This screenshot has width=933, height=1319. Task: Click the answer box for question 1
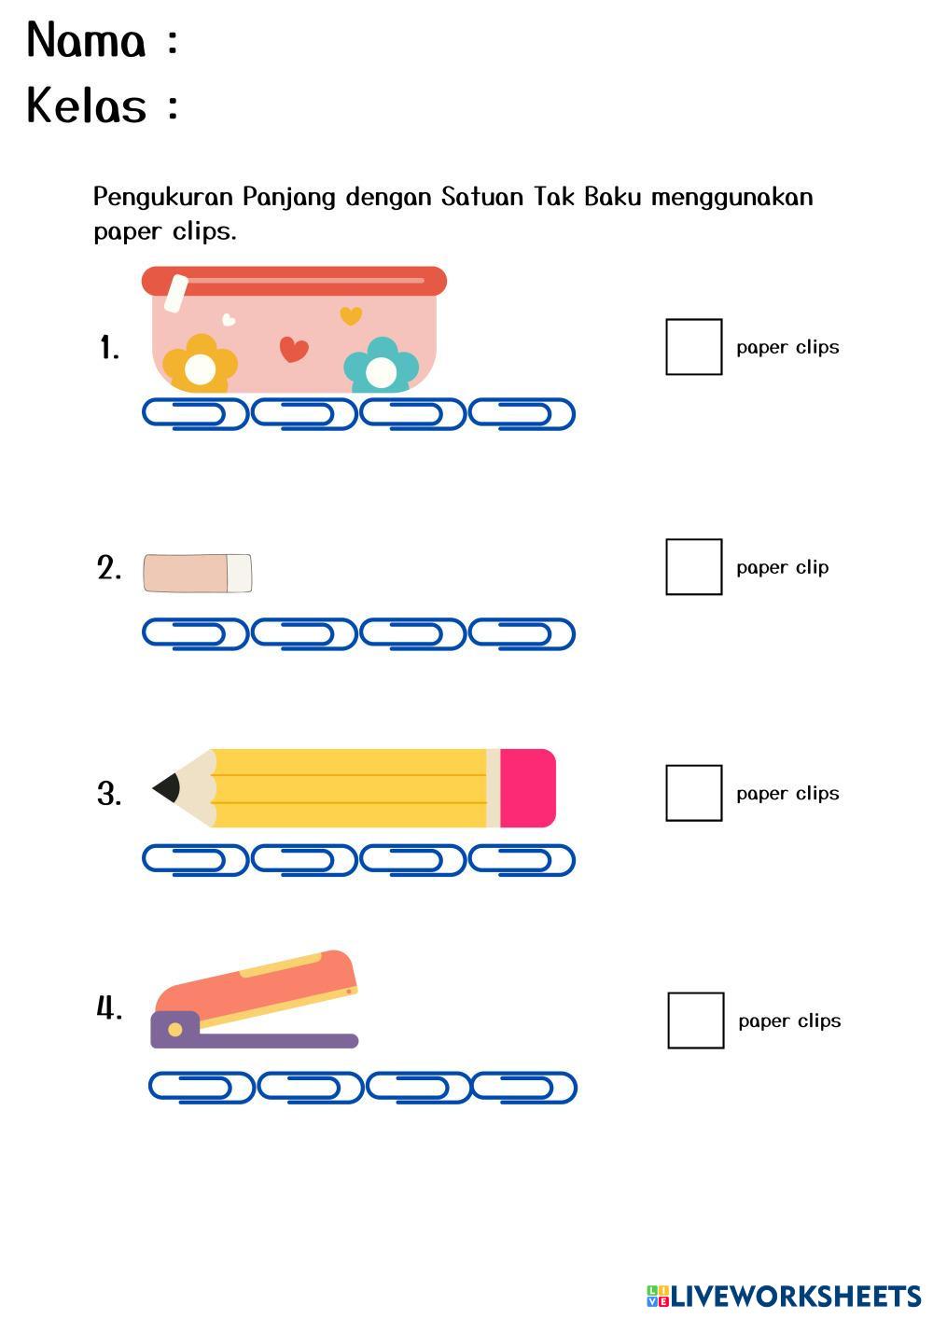[693, 347]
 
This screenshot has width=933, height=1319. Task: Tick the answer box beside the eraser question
[693, 566]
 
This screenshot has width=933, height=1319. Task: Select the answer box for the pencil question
[693, 793]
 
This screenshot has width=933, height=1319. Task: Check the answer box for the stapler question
[695, 1020]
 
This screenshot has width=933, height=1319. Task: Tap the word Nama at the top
[86, 41]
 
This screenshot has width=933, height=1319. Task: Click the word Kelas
[87, 105]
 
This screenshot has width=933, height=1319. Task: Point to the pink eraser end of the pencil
[527, 788]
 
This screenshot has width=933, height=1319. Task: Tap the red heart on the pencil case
[294, 349]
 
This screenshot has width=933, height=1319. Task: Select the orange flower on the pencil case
[200, 367]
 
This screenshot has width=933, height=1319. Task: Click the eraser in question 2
[197, 573]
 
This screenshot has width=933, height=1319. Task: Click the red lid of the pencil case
[294, 280]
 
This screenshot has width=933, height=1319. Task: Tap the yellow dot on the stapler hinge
[174, 1029]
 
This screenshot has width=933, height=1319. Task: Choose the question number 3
[109, 794]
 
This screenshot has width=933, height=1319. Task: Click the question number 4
[109, 1008]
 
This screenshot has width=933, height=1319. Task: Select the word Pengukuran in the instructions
[163, 197]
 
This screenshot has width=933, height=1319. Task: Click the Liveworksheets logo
[783, 1296]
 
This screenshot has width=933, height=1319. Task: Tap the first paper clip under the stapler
[202, 1087]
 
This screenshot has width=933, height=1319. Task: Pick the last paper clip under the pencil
[522, 860]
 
